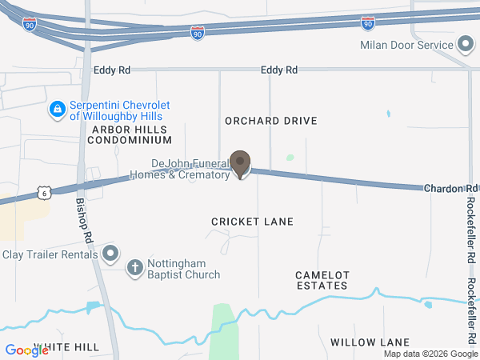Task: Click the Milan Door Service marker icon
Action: click(x=465, y=45)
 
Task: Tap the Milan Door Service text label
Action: click(x=406, y=45)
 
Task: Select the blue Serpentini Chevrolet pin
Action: click(x=57, y=110)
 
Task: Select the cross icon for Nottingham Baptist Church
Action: click(x=135, y=268)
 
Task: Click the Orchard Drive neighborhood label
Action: click(x=271, y=121)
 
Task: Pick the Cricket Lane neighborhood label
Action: click(x=252, y=221)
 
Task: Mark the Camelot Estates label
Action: click(x=322, y=280)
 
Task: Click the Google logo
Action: click(x=26, y=350)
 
